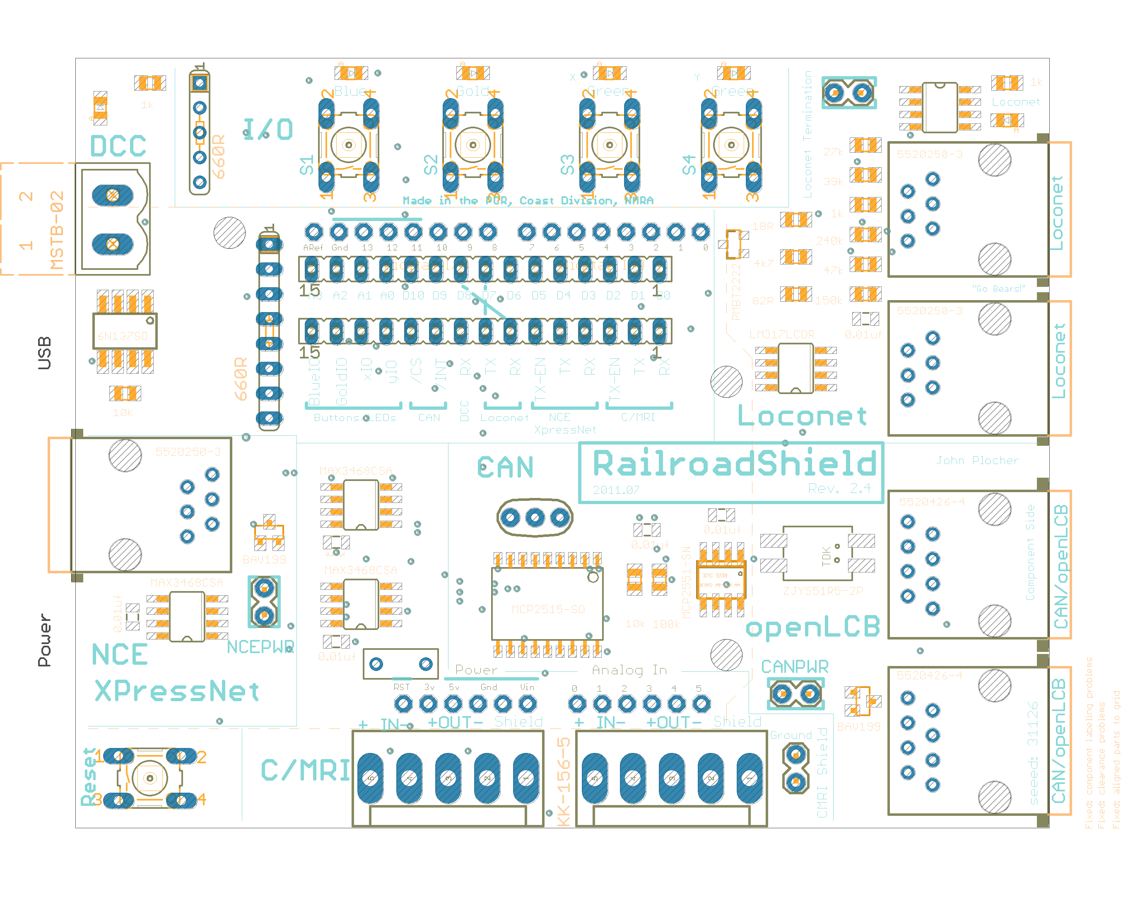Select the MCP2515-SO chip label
click(548, 609)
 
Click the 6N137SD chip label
click(123, 336)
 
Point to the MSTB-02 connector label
click(56, 231)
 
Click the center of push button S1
click(348, 144)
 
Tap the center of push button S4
click(731, 144)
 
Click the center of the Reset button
click(149, 778)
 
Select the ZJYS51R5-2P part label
click(823, 591)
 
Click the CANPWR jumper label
click(795, 667)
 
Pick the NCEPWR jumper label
click(260, 647)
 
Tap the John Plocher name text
click(977, 461)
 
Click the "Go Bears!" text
click(998, 289)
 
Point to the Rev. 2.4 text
click(839, 488)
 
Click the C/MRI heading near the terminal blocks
click(305, 771)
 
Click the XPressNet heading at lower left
click(177, 691)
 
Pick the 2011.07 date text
click(616, 490)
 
